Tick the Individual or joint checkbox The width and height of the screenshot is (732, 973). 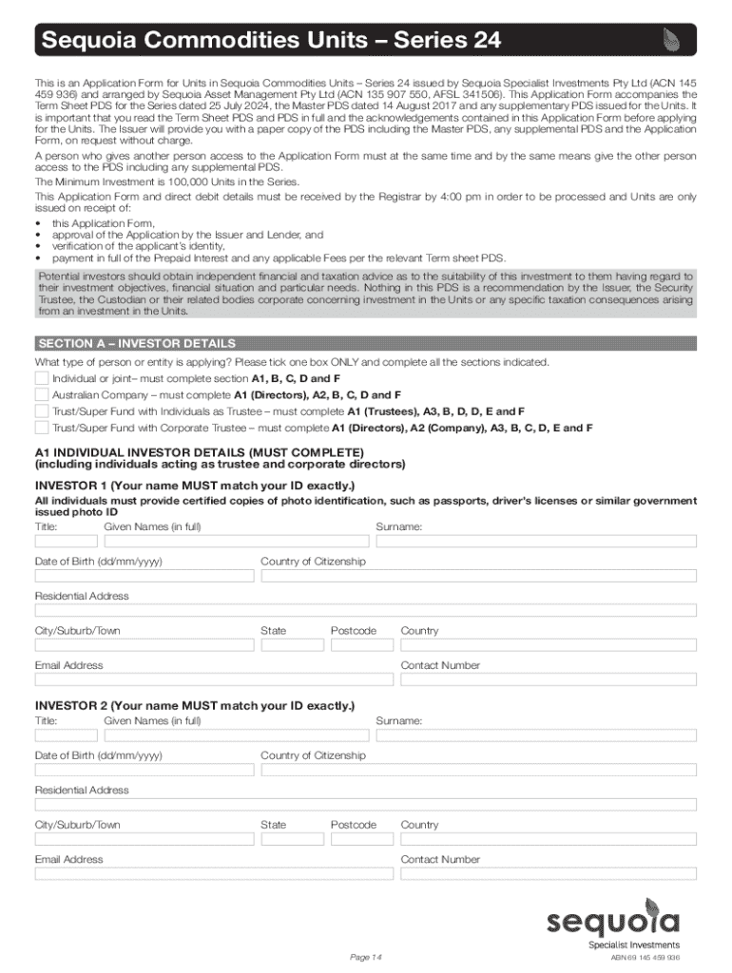coord(41,378)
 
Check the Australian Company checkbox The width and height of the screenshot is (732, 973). coord(41,394)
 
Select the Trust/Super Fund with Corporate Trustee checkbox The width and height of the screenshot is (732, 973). coord(41,428)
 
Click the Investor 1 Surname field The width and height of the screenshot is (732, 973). coord(536,541)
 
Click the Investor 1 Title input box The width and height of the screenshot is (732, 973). coord(66,541)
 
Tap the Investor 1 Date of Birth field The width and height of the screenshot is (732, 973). coord(144,575)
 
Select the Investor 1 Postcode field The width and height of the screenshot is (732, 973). coord(360,644)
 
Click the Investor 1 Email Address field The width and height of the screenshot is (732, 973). coord(213,678)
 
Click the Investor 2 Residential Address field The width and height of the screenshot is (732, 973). coord(366,804)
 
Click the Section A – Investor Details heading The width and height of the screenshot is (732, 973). coord(135,343)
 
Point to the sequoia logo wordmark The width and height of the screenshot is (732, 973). coord(613,922)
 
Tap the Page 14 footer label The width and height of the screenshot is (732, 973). coord(365,956)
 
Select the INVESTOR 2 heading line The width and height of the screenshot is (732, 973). coord(195,706)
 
